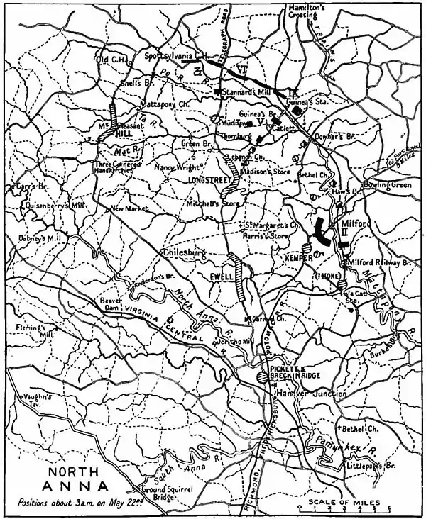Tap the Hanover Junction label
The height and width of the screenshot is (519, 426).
tap(301, 394)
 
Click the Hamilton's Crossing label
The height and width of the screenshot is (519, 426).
tap(306, 10)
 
